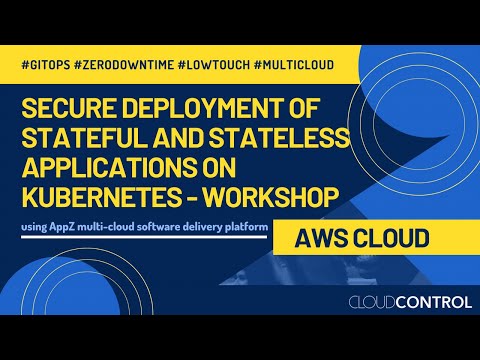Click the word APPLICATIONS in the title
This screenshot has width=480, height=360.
pos(100,162)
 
